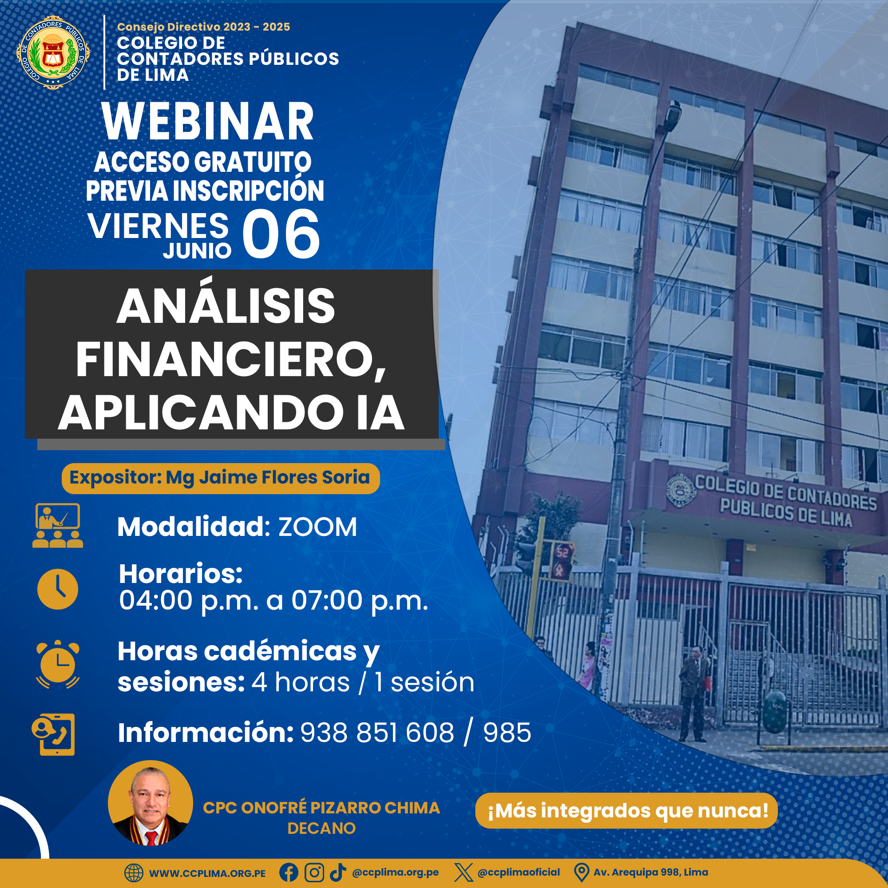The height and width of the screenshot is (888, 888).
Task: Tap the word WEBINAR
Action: click(208, 121)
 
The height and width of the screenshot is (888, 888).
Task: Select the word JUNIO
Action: click(197, 250)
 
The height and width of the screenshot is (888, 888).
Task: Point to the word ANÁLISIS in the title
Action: click(226, 306)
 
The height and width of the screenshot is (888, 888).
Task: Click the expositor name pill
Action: click(221, 479)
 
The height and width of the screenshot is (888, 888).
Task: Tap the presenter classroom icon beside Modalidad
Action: click(57, 525)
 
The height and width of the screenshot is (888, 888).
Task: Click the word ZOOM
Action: click(317, 527)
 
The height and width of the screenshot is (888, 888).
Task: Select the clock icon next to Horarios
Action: click(57, 589)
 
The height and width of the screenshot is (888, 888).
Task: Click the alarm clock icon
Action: click(58, 664)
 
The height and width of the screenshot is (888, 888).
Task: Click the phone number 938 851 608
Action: click(377, 733)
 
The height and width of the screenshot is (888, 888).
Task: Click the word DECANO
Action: click(321, 828)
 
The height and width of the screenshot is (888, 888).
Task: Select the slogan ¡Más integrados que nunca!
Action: click(627, 810)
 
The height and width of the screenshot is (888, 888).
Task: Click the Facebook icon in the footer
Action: click(289, 872)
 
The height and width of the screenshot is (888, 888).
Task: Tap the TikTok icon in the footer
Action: click(338, 872)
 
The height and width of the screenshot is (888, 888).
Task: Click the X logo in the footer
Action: click(463, 872)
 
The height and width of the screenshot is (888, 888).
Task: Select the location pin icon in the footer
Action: click(582, 872)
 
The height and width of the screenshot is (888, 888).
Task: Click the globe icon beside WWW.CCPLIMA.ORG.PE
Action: click(134, 873)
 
